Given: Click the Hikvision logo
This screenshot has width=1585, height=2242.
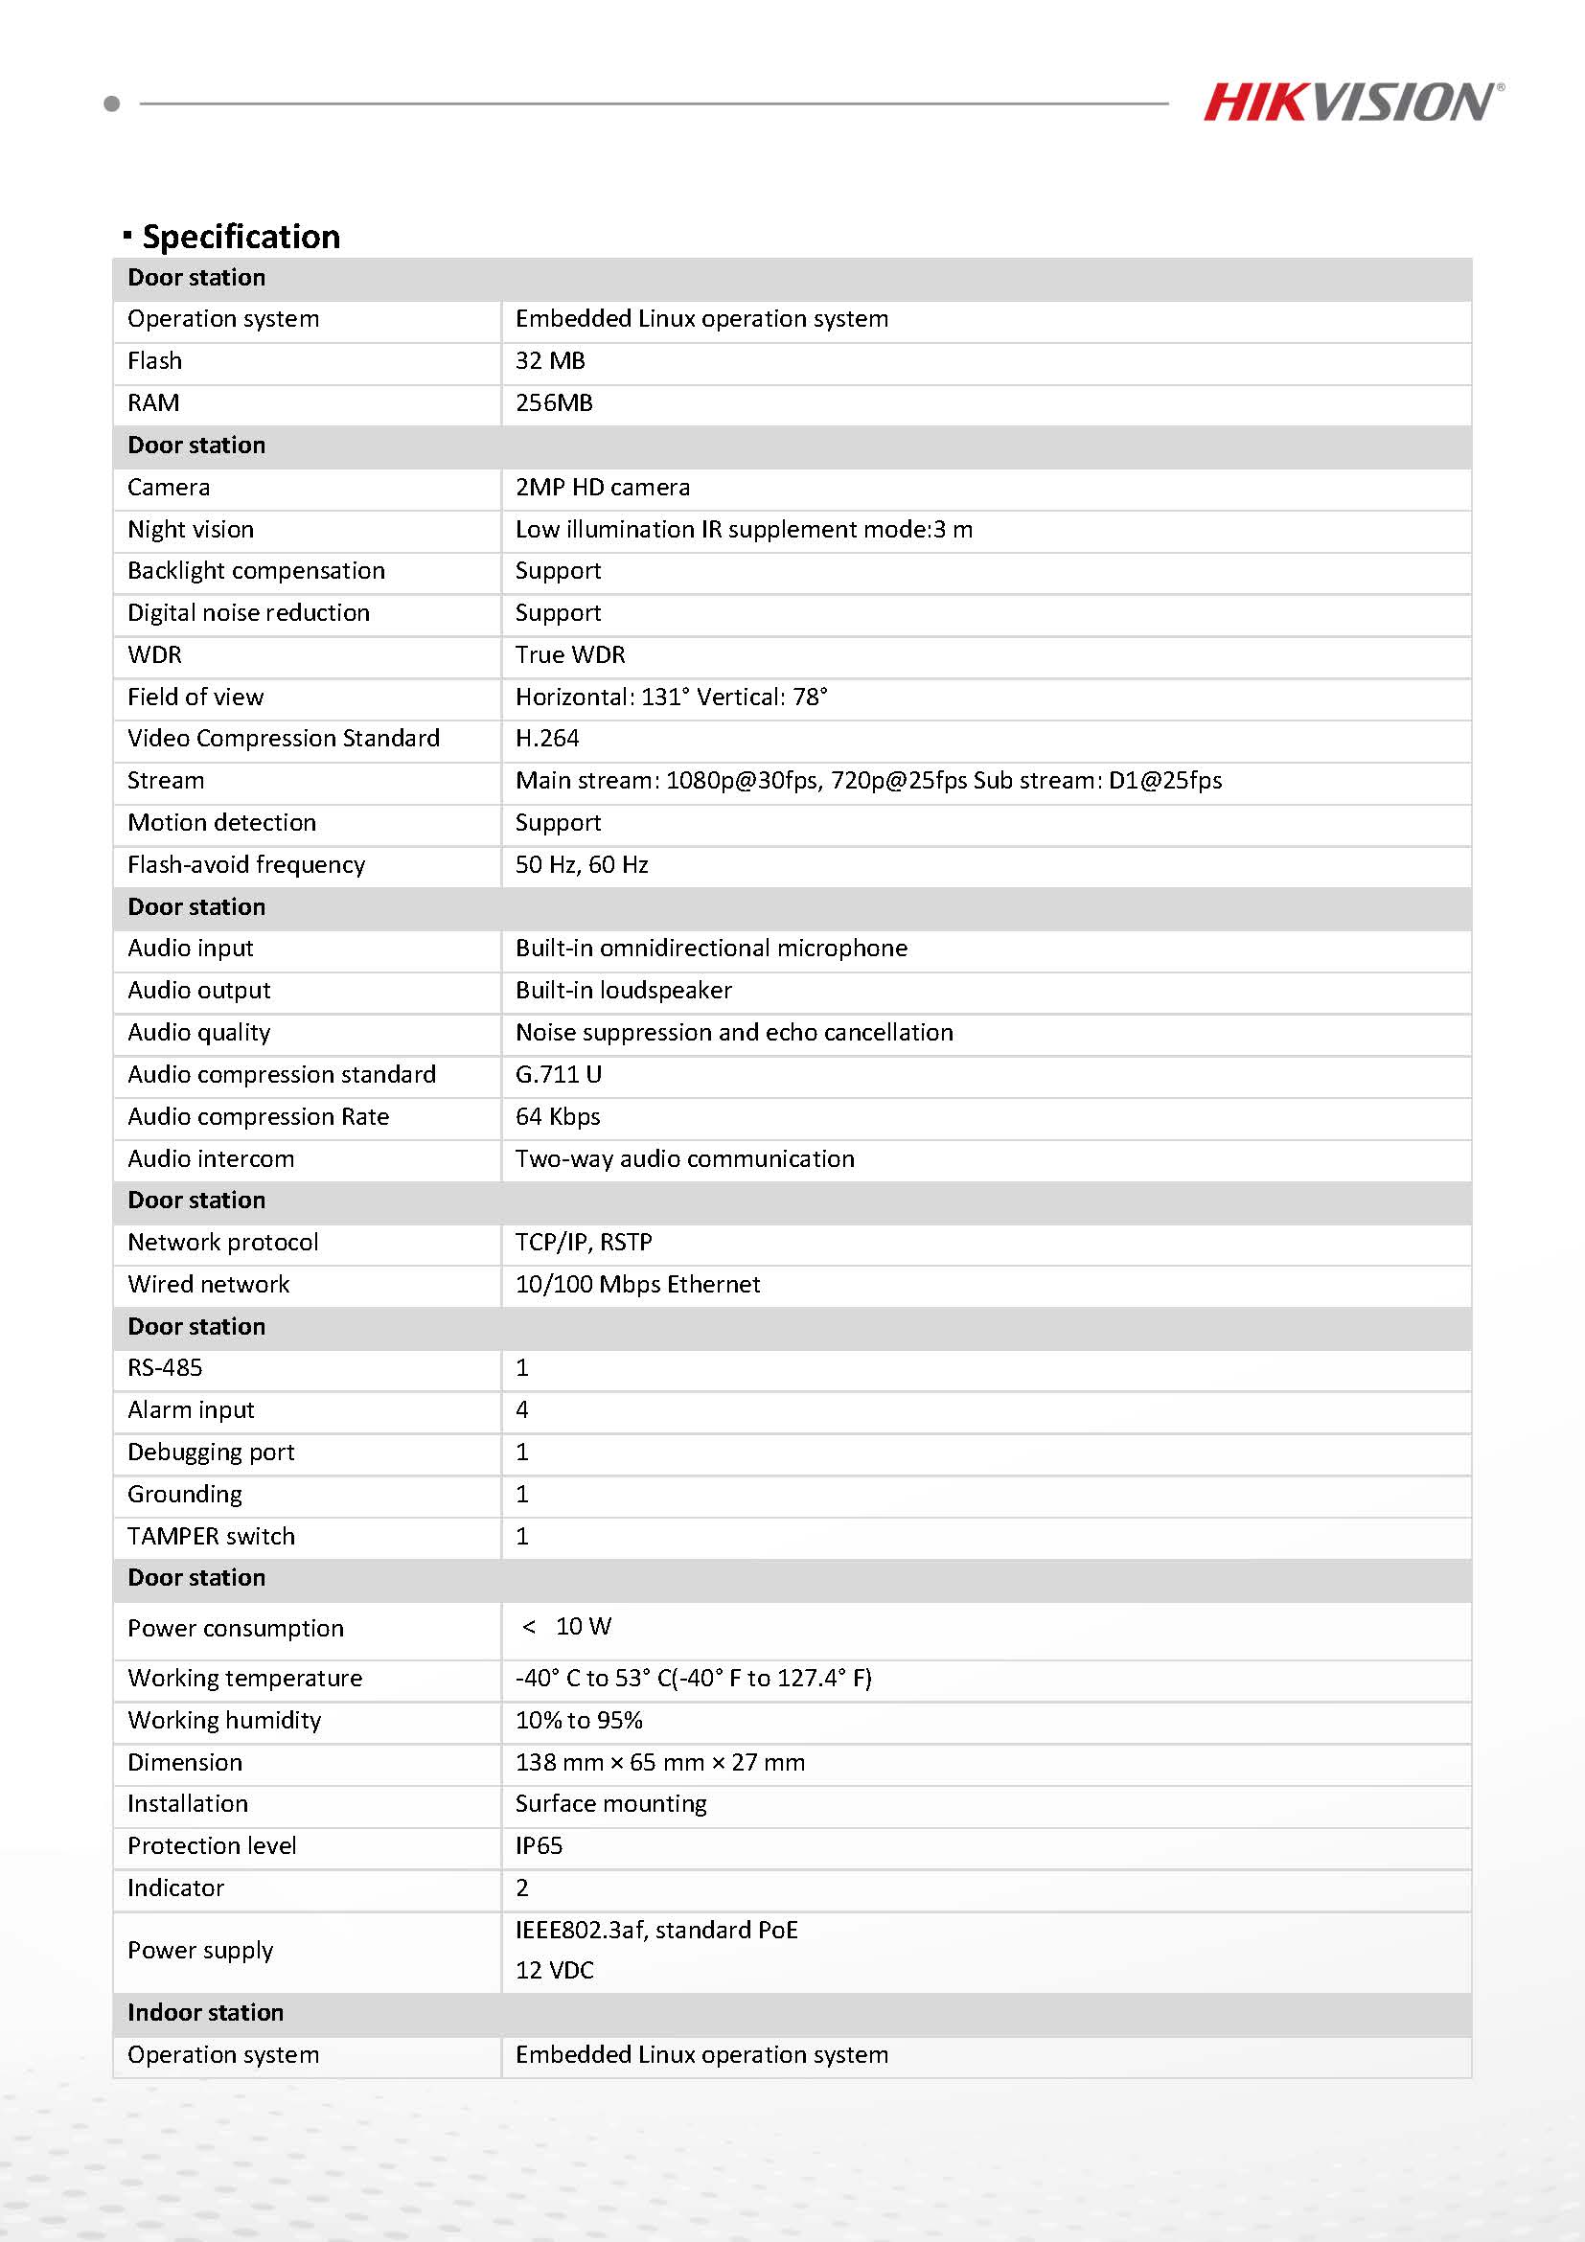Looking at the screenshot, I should [1351, 103].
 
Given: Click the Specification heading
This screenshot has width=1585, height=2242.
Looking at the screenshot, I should [241, 237].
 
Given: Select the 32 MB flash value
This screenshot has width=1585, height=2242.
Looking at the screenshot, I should [550, 361].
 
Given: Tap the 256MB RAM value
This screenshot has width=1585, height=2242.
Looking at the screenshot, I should [554, 403].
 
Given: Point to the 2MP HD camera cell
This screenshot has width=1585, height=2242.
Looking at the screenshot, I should [603, 488].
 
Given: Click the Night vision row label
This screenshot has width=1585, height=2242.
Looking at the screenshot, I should [191, 529].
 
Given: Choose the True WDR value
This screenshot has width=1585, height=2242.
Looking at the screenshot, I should [570, 655].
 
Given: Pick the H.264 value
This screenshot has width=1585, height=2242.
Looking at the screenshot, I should [547, 738].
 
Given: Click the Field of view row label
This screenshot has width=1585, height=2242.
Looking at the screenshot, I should [195, 698].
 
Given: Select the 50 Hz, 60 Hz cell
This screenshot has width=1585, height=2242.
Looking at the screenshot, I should [581, 865].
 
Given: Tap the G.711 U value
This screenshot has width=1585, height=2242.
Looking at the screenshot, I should [558, 1075].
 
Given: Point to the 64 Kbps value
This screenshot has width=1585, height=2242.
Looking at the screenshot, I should [558, 1117].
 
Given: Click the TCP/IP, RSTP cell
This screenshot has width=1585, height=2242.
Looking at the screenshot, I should [583, 1242].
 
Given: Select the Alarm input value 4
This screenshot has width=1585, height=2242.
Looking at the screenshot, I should [522, 1410].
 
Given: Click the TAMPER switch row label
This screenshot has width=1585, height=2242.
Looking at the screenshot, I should [211, 1536].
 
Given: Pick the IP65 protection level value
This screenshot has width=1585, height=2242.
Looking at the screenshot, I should [539, 1845].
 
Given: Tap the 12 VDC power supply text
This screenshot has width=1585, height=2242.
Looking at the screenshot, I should [554, 1970].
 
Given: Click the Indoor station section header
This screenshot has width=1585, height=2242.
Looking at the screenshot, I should [205, 2012].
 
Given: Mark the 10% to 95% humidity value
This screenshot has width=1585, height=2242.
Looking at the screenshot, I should [578, 1721].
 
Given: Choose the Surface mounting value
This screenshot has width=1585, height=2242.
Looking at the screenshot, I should [610, 1803].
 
